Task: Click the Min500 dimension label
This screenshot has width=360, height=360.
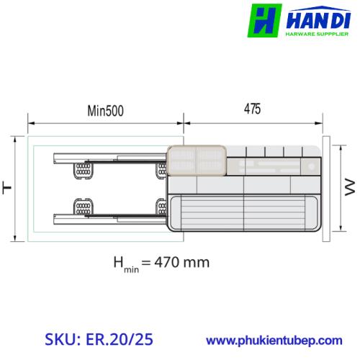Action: (x=106, y=111)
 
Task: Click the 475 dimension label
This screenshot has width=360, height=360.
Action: (x=252, y=109)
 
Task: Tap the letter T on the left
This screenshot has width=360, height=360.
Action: (x=7, y=188)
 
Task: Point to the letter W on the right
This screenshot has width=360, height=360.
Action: (x=350, y=187)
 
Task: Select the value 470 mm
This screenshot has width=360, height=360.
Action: (x=182, y=262)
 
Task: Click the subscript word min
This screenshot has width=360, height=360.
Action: (x=132, y=269)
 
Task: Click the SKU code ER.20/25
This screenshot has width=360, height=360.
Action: (x=120, y=339)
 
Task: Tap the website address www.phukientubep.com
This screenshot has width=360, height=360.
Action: (x=274, y=341)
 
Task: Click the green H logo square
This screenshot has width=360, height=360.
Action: (x=264, y=20)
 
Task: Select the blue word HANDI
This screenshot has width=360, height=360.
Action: (x=318, y=20)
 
